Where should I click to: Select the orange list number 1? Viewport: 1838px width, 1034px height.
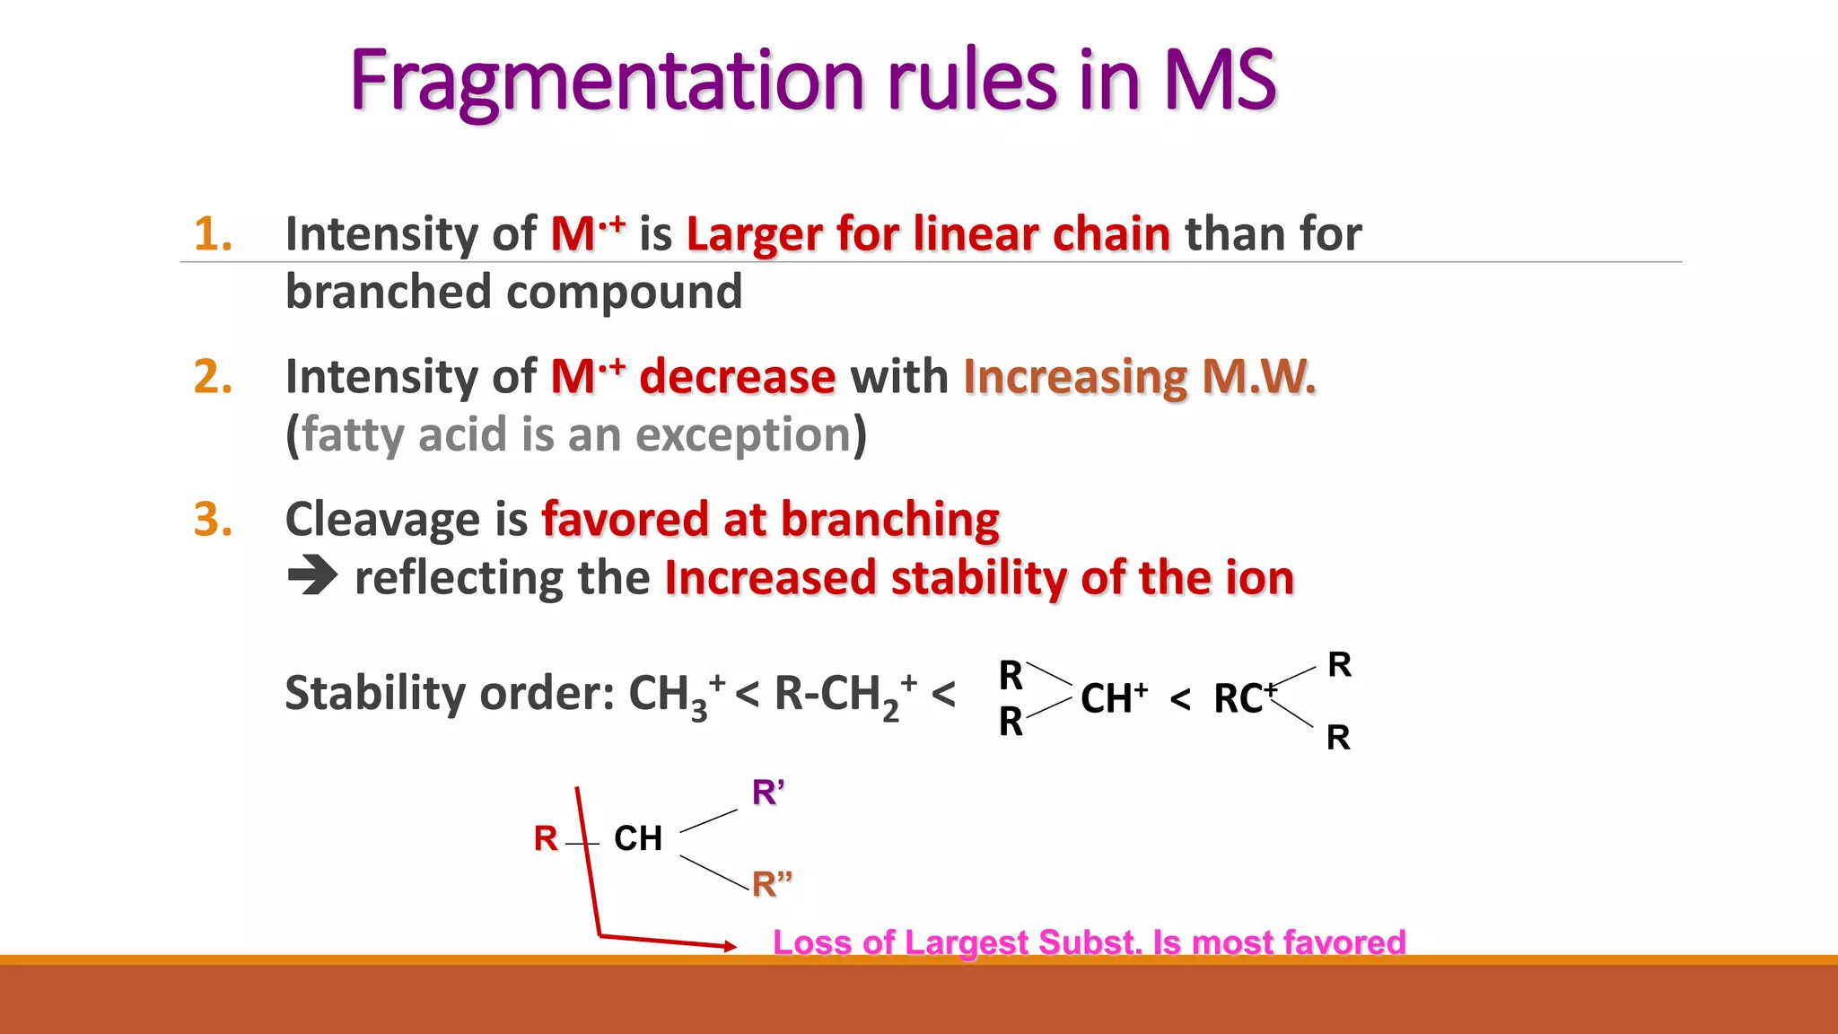click(x=213, y=234)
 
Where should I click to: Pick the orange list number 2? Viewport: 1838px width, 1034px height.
click(x=213, y=377)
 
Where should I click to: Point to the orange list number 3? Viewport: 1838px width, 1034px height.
click(x=213, y=520)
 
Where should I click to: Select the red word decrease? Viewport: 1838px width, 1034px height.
click(x=737, y=377)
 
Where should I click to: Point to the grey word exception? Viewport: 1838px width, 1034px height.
click(x=743, y=435)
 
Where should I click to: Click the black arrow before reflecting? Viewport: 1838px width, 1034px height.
click(x=312, y=576)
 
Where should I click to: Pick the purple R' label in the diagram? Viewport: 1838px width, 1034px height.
click(x=767, y=793)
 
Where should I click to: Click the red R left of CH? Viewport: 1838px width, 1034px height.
click(x=546, y=838)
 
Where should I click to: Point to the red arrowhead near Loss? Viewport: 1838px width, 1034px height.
click(x=729, y=945)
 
